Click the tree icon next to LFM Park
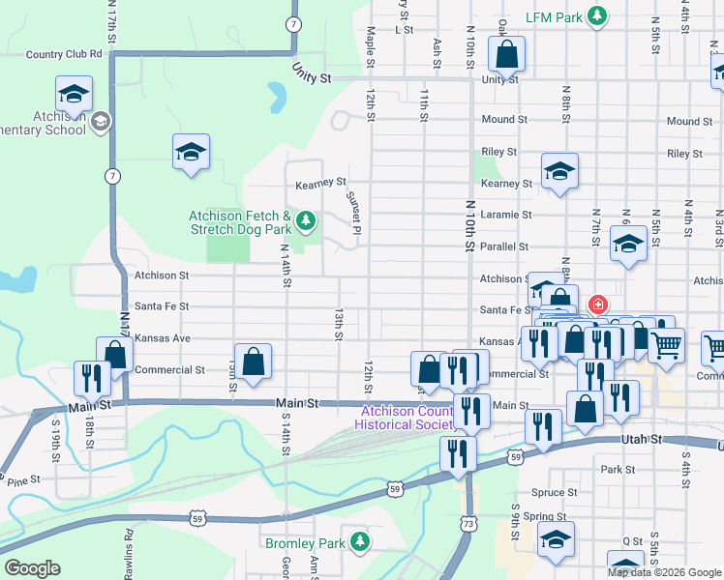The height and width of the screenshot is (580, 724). point(599,15)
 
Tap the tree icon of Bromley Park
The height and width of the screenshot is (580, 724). point(360,541)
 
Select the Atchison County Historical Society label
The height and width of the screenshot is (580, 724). point(404,418)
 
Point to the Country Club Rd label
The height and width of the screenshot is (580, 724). point(64,54)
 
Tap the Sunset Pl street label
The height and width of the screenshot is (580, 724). point(354,216)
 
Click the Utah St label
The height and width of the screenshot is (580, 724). point(641,439)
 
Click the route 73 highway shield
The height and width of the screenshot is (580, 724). point(468,523)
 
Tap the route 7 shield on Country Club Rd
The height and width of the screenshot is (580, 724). point(293,23)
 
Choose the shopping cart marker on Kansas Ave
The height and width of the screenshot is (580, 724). point(666,345)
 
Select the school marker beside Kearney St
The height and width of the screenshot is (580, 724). point(559,171)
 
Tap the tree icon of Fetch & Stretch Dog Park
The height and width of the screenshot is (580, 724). point(306,221)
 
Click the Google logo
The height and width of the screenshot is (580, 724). point(32,568)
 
